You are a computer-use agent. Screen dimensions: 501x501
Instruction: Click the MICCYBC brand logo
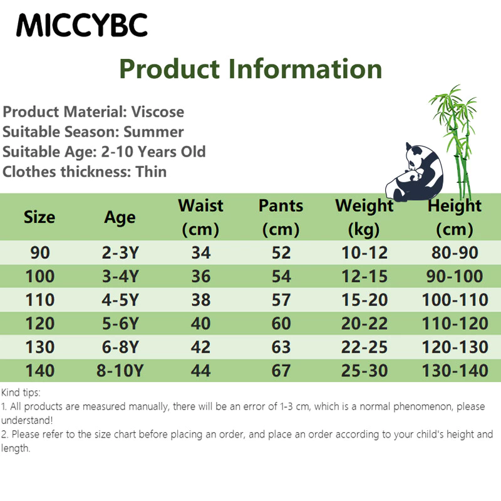(x=82, y=25)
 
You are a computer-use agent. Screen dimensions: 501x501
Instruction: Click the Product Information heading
(x=250, y=69)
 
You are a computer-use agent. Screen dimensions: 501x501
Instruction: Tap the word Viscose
(x=158, y=112)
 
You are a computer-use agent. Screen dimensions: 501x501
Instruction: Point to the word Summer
(x=153, y=132)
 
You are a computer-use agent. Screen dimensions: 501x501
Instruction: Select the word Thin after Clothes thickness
(x=151, y=172)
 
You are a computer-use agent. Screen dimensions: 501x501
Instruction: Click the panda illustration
(x=414, y=173)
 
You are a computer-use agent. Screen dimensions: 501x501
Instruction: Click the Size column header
(x=39, y=217)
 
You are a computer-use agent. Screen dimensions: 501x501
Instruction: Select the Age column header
(x=120, y=218)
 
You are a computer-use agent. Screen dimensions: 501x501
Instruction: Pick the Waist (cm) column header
(x=200, y=217)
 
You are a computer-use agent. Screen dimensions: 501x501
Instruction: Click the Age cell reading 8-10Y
(x=120, y=371)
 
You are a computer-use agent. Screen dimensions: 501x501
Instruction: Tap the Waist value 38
(x=200, y=300)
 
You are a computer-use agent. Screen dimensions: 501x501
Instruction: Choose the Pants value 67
(x=281, y=371)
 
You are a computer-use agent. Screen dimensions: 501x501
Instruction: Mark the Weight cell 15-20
(x=364, y=300)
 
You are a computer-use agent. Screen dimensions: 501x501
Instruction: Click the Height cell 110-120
(x=455, y=323)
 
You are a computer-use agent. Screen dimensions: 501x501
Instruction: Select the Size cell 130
(x=39, y=347)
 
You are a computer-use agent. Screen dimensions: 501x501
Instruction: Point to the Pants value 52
(x=281, y=253)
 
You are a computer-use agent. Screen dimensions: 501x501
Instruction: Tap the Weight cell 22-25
(x=364, y=347)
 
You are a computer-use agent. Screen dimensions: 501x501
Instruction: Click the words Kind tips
(x=21, y=393)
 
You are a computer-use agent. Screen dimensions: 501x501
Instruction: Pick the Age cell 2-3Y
(x=120, y=253)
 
